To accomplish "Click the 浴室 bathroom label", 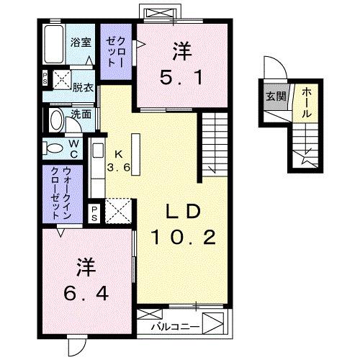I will pos(81,42).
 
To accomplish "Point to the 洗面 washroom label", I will pos(81,113).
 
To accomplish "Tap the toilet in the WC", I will pos(55,148).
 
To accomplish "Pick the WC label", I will pos(74,147).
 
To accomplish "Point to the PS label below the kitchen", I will pos(94,212).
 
